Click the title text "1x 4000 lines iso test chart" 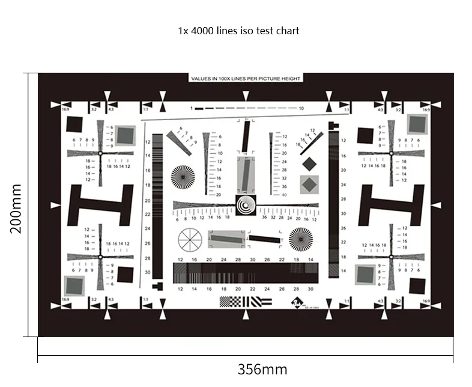(x=238, y=30)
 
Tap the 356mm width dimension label (x=262, y=369)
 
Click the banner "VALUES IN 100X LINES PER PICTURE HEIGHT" (x=246, y=78)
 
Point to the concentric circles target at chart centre (x=246, y=206)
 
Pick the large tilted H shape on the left (x=100, y=205)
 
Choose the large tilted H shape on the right (x=391, y=205)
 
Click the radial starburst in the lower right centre (x=300, y=239)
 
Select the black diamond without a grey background (x=309, y=163)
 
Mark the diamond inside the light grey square (x=309, y=184)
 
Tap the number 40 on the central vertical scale (x=284, y=195)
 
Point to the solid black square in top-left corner (x=74, y=124)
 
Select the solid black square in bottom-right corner (x=416, y=285)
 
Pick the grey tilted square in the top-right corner (x=417, y=124)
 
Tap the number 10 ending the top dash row (x=301, y=108)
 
